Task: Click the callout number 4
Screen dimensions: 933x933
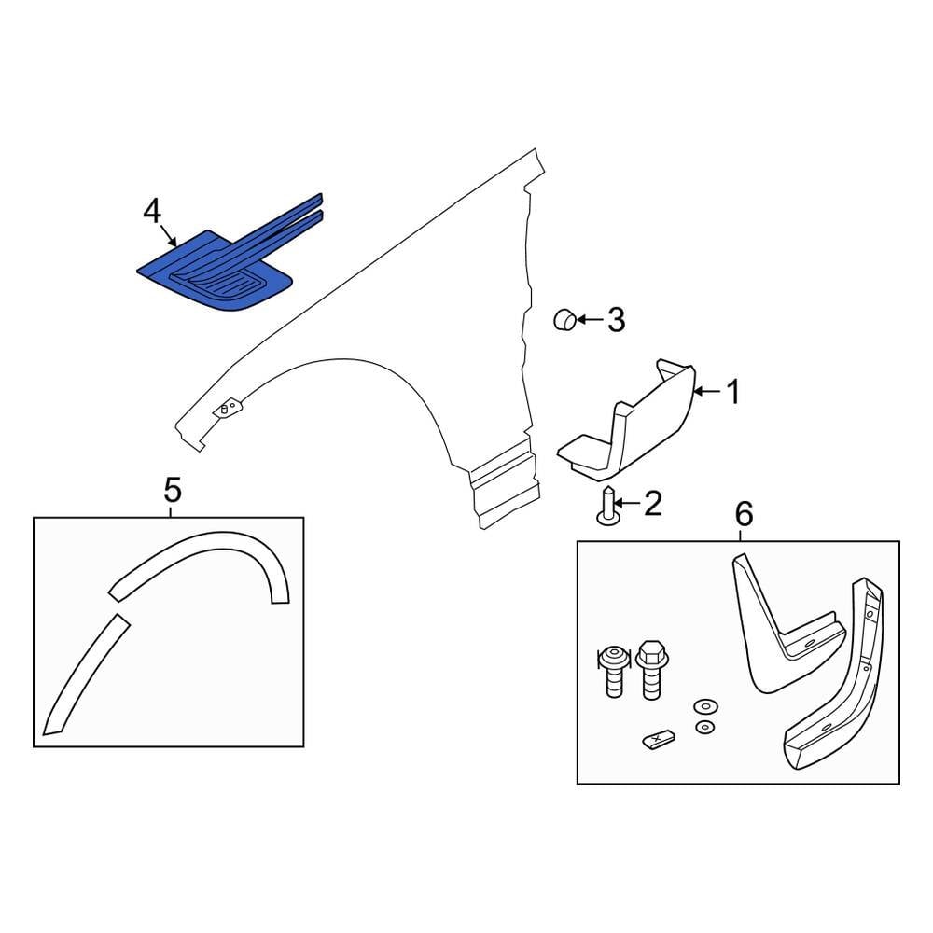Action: pyautogui.click(x=152, y=213)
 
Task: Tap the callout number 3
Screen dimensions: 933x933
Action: pyautogui.click(x=616, y=320)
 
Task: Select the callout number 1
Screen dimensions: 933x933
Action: pyautogui.click(x=734, y=392)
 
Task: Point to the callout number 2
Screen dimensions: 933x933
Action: pyautogui.click(x=653, y=504)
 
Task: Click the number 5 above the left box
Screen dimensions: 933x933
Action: pyautogui.click(x=172, y=491)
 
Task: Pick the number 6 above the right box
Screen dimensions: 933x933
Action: pyautogui.click(x=744, y=514)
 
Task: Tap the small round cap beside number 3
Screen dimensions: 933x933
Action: pyautogui.click(x=564, y=320)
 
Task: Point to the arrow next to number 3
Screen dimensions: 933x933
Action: pyautogui.click(x=590, y=320)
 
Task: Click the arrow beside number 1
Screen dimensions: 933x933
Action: pyautogui.click(x=707, y=392)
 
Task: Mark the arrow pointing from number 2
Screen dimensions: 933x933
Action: pyautogui.click(x=627, y=504)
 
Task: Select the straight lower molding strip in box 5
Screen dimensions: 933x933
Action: pyautogui.click(x=86, y=675)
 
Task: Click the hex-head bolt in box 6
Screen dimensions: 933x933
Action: pyautogui.click(x=652, y=670)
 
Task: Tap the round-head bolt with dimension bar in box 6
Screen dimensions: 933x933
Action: pyautogui.click(x=614, y=671)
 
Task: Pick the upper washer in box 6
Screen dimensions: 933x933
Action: pyautogui.click(x=705, y=707)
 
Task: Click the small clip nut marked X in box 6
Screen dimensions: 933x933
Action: pyautogui.click(x=658, y=740)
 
